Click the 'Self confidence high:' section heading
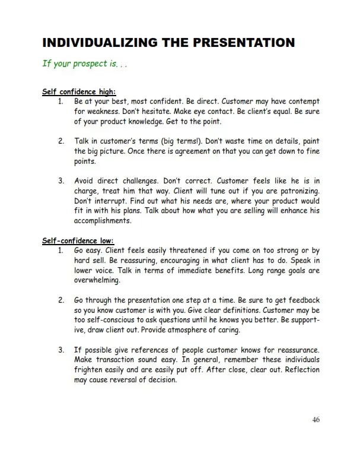point(79,92)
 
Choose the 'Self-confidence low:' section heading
point(77,241)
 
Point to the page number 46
point(316,420)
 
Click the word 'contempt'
point(301,102)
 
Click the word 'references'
point(153,350)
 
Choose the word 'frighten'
point(91,370)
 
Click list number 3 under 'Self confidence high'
point(61,180)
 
